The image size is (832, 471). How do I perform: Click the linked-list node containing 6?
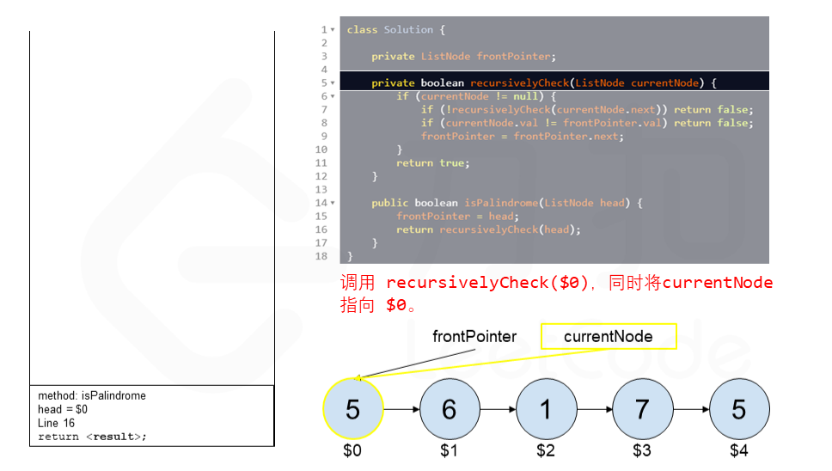point(449,410)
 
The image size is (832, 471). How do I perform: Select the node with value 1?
point(546,410)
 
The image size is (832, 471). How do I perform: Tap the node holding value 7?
point(642,410)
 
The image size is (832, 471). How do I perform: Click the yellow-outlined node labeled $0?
point(352,410)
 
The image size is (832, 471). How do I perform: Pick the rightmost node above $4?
point(739,410)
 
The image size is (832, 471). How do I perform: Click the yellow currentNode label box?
point(608,336)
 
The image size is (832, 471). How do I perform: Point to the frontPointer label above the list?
point(474,336)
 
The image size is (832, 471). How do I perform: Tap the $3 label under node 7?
point(642,450)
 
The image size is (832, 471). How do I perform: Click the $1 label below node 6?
point(449,450)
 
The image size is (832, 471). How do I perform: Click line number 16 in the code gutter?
point(321,229)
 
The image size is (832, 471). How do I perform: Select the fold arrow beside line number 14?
point(333,204)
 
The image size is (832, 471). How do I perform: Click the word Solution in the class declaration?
point(408,30)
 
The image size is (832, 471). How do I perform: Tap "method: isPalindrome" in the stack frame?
point(92,396)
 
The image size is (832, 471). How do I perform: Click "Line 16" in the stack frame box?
point(56,423)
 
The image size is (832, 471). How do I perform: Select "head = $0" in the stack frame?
point(63,409)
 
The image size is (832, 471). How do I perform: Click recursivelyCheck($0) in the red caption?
point(486,283)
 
